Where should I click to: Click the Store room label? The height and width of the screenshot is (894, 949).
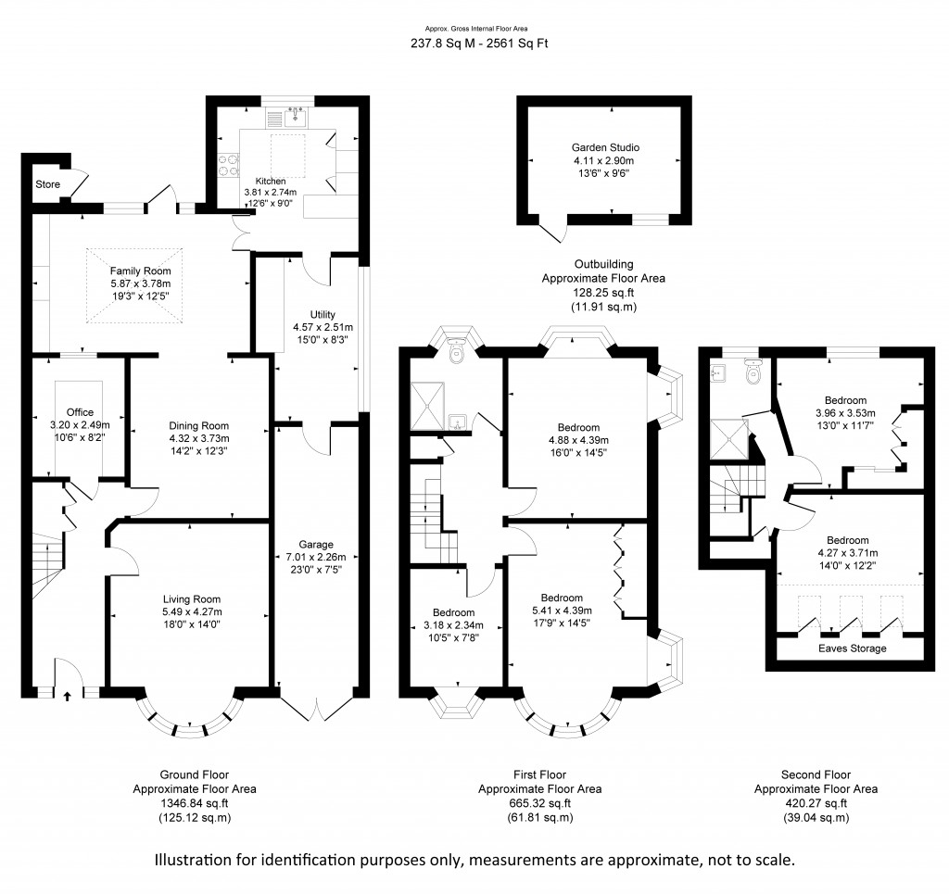pyautogui.click(x=48, y=183)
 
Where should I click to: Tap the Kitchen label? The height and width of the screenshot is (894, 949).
pyautogui.click(x=271, y=181)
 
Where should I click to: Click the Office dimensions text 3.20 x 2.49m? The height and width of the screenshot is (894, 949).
pyautogui.click(x=80, y=424)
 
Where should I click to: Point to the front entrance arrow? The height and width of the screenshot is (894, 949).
pyautogui.click(x=67, y=696)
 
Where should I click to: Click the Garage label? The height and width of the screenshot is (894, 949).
pyautogui.click(x=316, y=545)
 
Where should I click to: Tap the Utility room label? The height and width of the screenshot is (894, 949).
pyautogui.click(x=323, y=315)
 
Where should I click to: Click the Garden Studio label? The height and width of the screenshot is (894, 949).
pyautogui.click(x=605, y=147)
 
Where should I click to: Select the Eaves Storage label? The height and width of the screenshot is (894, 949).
pyautogui.click(x=853, y=648)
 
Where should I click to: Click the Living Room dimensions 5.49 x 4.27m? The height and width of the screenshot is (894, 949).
pyautogui.click(x=191, y=611)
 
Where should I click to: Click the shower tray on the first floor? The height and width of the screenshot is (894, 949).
pyautogui.click(x=427, y=406)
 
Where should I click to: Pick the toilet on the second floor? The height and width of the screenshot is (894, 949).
pyautogui.click(x=753, y=372)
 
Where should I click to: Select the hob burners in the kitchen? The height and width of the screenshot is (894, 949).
pyautogui.click(x=229, y=165)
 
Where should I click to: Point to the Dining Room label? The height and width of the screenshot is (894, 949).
pyautogui.click(x=198, y=426)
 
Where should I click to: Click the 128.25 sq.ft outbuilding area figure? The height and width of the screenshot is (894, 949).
pyautogui.click(x=603, y=293)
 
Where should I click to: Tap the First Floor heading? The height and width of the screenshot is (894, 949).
pyautogui.click(x=540, y=774)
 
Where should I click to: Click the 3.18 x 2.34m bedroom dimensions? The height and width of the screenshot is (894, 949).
pyautogui.click(x=453, y=624)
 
